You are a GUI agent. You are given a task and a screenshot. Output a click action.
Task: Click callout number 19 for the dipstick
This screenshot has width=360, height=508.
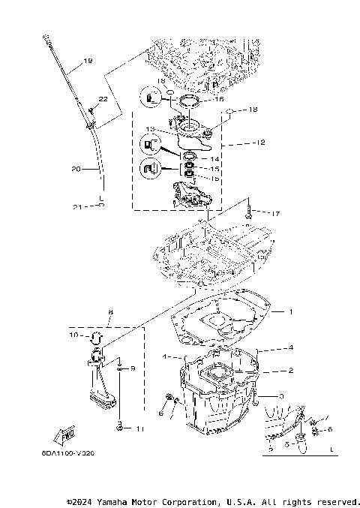[88, 61]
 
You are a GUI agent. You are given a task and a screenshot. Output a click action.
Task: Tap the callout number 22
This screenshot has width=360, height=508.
[103, 99]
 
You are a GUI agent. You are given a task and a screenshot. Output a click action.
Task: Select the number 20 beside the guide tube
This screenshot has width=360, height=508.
[76, 170]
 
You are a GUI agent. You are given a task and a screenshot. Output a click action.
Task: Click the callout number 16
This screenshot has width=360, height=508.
[220, 98]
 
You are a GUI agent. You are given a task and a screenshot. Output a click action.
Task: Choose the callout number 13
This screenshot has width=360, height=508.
[150, 129]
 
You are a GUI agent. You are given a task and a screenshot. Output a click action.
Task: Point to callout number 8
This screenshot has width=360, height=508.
[110, 311]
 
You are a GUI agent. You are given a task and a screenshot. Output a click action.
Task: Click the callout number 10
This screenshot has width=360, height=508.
[73, 335]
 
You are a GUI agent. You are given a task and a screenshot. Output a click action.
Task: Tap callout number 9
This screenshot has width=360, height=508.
[133, 368]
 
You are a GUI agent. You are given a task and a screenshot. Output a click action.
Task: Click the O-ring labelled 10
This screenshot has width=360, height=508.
[96, 335]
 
